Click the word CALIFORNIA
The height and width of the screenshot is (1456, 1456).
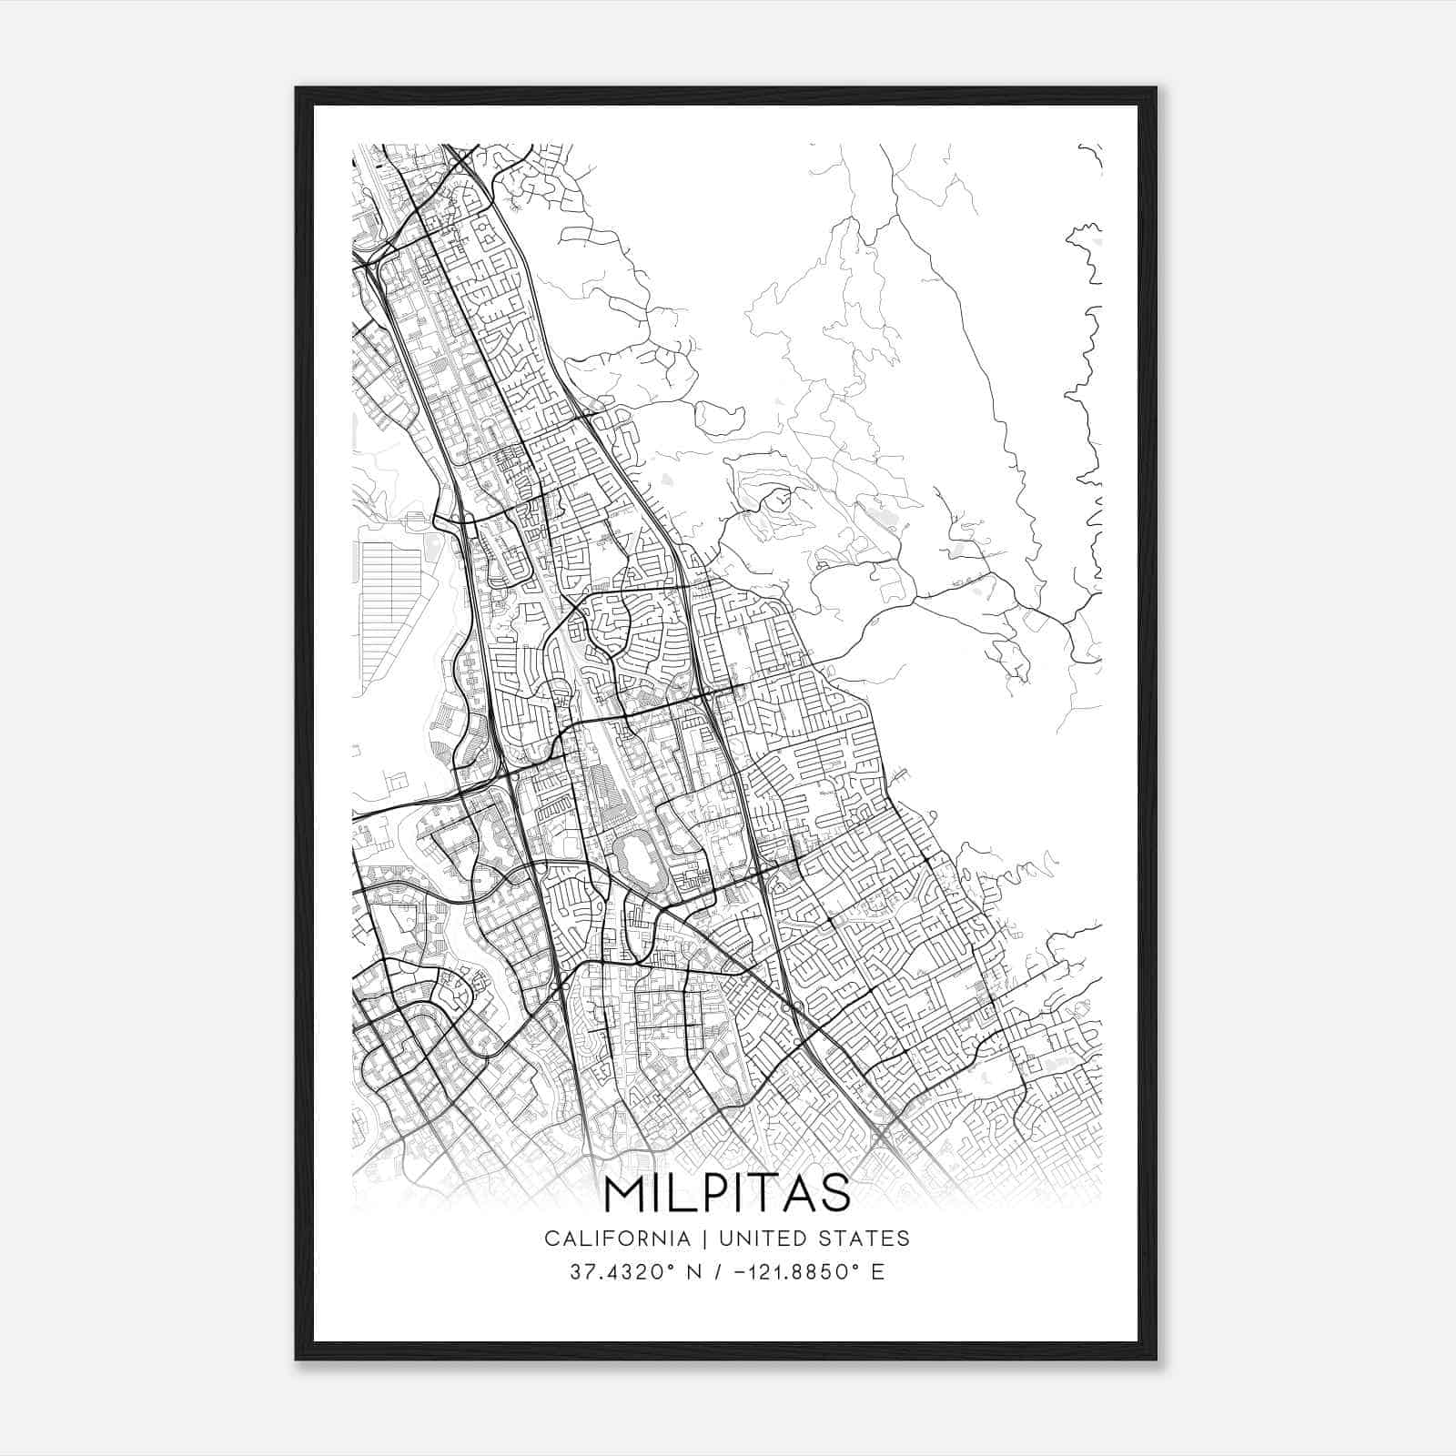(x=616, y=1238)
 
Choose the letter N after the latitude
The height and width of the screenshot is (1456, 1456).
(x=694, y=1271)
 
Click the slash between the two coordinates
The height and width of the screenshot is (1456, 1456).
(x=719, y=1271)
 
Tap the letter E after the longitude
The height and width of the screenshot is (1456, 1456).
(x=877, y=1271)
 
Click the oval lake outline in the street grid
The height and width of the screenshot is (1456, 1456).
(x=632, y=858)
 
